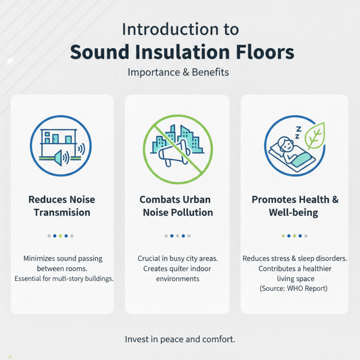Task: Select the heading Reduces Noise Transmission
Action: [62, 206]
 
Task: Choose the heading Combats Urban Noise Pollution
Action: [178, 206]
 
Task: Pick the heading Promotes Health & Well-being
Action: [295, 206]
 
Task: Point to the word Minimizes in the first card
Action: [43, 259]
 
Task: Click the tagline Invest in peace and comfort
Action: [180, 339]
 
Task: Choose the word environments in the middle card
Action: [177, 279]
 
